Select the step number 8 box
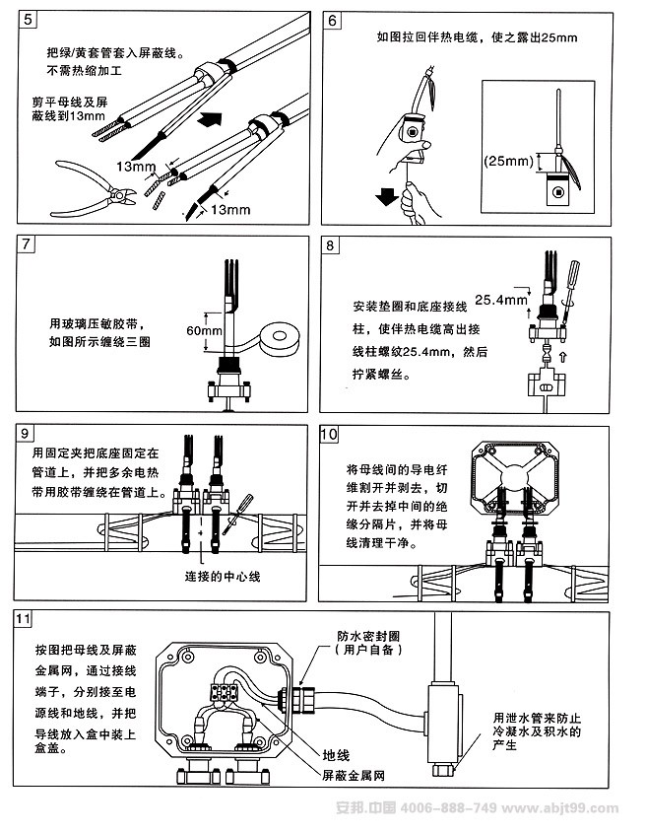click(x=332, y=243)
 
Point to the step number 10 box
click(x=332, y=433)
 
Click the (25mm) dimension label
click(x=508, y=161)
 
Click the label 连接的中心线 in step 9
click(x=223, y=576)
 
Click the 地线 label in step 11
click(x=337, y=754)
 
